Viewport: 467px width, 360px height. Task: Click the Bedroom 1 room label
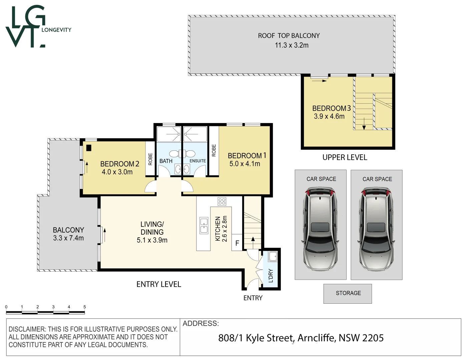[247, 155]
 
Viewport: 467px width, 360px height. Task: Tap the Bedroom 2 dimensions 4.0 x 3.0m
[117, 172]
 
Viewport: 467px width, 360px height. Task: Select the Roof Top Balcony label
[289, 36]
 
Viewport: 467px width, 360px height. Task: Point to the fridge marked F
[237, 243]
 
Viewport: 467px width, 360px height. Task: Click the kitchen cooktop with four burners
[222, 201]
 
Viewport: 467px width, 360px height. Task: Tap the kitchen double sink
[204, 225]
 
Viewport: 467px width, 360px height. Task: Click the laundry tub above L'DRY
[273, 256]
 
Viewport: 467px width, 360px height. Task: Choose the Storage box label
[348, 293]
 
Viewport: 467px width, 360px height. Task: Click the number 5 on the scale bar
[85, 307]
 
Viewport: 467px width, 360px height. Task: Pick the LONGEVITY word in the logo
[56, 30]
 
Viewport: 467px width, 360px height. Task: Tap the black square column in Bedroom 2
[89, 148]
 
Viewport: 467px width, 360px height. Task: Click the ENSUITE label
[198, 161]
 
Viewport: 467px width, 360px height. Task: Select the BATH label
[166, 161]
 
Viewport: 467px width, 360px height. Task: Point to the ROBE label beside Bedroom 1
[214, 150]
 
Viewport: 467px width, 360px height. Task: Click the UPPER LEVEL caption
[345, 157]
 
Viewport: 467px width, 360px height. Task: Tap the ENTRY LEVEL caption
[159, 284]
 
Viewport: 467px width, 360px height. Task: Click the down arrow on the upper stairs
[364, 124]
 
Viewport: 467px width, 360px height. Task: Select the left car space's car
[320, 229]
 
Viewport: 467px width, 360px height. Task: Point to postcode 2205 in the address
[373, 338]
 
